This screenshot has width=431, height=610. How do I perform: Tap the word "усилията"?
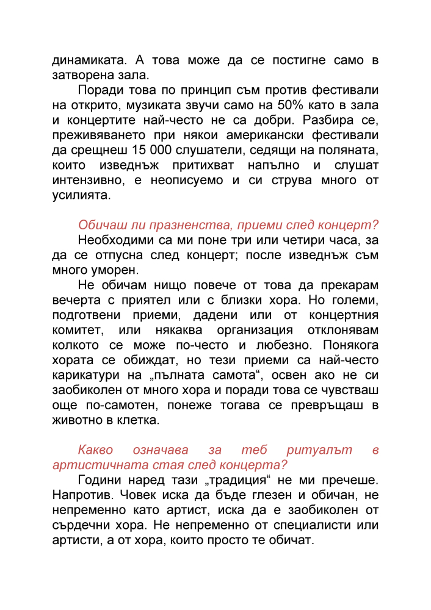coord(81,196)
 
